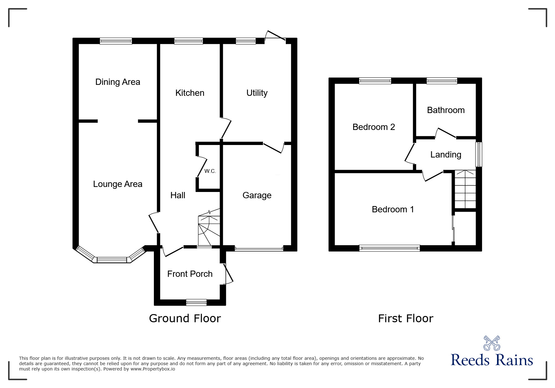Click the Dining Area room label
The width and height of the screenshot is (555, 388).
(x=118, y=82)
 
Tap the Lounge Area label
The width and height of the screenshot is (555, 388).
(x=118, y=184)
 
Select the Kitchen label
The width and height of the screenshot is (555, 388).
(x=190, y=93)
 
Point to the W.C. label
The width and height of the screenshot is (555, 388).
(x=210, y=171)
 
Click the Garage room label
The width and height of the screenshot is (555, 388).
(x=257, y=195)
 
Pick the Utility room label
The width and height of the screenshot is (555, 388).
(x=257, y=93)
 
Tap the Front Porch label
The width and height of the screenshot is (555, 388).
(x=190, y=274)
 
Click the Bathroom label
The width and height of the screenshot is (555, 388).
(x=446, y=110)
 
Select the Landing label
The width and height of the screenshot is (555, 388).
(x=446, y=155)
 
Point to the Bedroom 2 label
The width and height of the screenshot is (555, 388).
(x=374, y=127)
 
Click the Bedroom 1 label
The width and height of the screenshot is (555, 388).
(x=393, y=210)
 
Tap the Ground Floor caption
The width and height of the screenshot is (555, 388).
(x=185, y=318)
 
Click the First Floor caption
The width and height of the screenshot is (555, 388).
(x=406, y=318)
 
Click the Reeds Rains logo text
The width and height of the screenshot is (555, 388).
(x=492, y=360)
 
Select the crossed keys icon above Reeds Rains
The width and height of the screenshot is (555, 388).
(x=492, y=343)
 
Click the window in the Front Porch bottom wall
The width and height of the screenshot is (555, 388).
(x=196, y=302)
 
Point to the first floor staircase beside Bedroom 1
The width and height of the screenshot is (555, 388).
(x=465, y=189)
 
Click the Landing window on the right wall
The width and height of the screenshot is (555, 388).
(x=479, y=154)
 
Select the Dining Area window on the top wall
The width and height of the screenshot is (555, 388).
(x=116, y=41)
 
